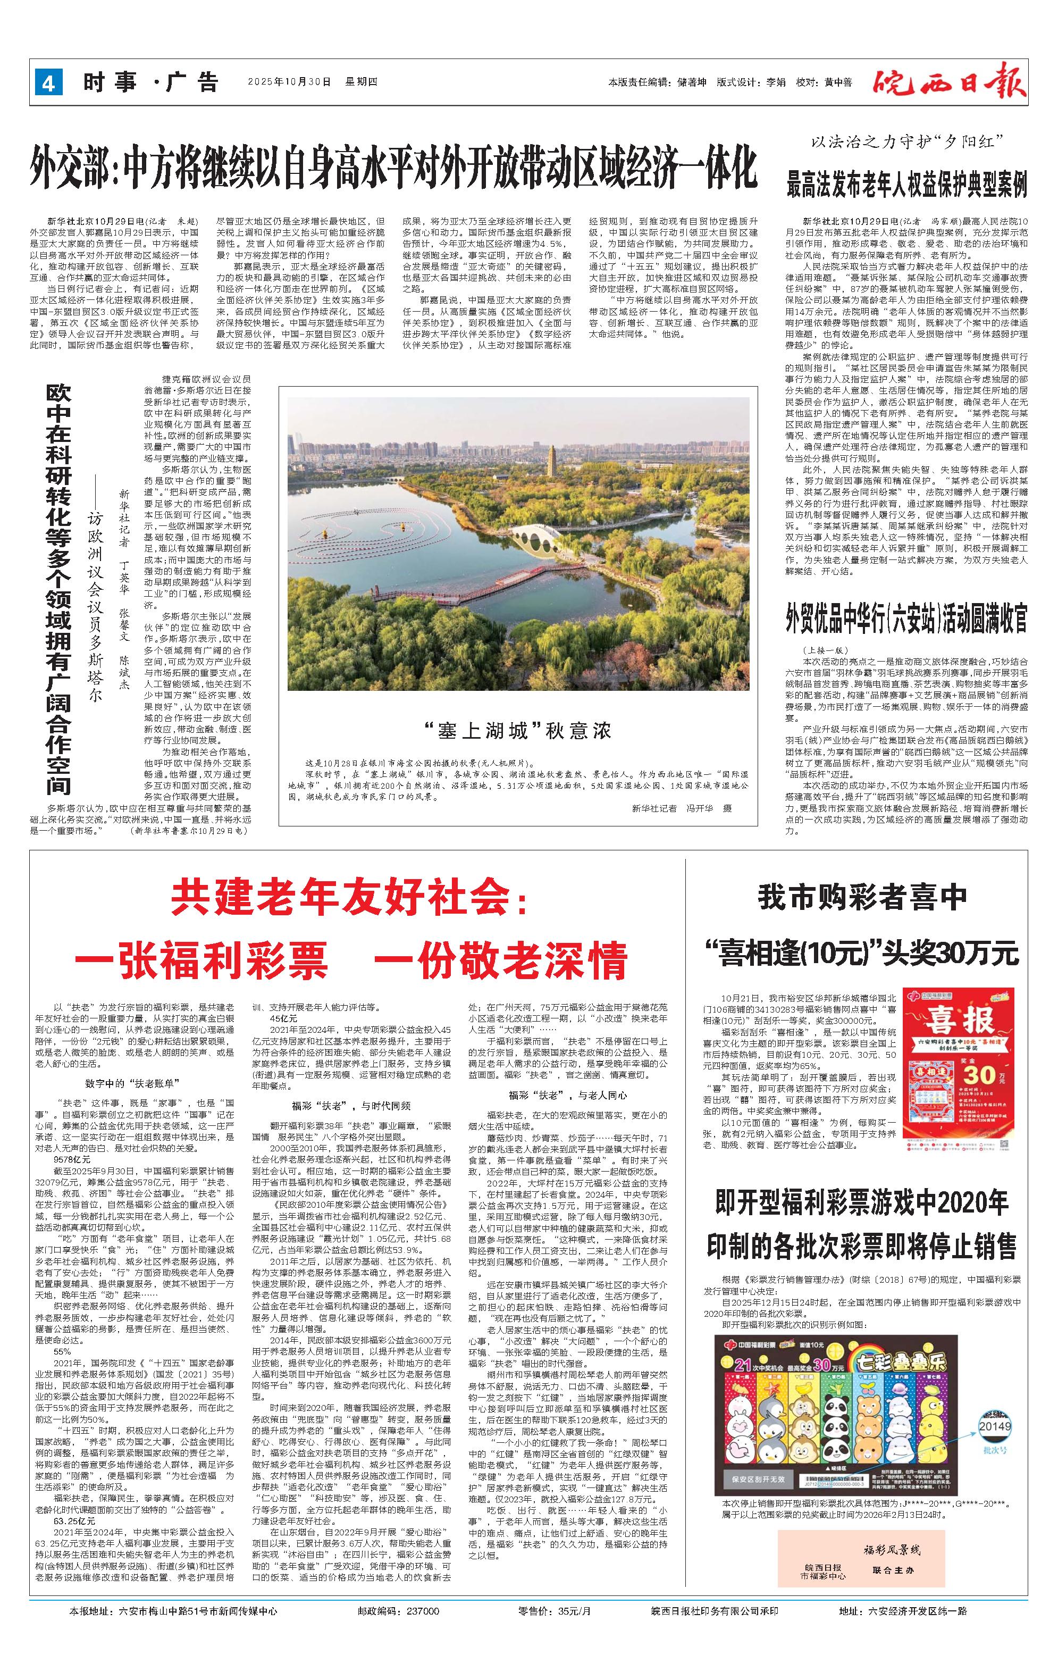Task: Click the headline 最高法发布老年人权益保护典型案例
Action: point(907,183)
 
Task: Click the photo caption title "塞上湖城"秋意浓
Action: point(517,730)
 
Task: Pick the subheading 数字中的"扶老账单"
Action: point(124,1083)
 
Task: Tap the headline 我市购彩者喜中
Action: point(862,897)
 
